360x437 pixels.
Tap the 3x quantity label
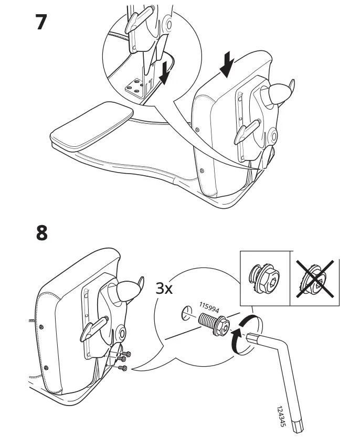(164, 289)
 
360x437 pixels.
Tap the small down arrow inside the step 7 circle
(164, 73)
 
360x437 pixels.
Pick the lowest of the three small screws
(124, 368)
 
